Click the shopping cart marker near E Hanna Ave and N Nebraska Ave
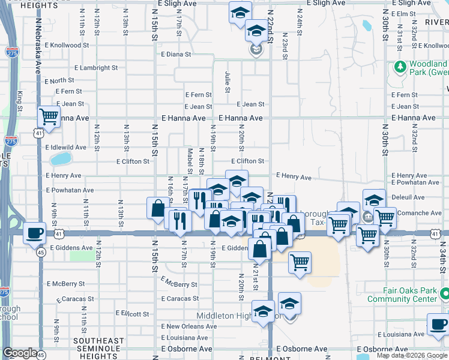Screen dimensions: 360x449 [49, 116]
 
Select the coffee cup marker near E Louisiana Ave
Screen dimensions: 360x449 [438, 325]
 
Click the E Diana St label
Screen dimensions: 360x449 [176, 54]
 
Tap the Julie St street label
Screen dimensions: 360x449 [228, 82]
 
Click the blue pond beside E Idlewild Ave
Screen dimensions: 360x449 [60, 159]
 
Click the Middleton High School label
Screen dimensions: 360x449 [239, 316]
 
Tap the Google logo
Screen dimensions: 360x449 [20, 353]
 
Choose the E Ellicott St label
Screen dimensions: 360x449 [128, 313]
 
